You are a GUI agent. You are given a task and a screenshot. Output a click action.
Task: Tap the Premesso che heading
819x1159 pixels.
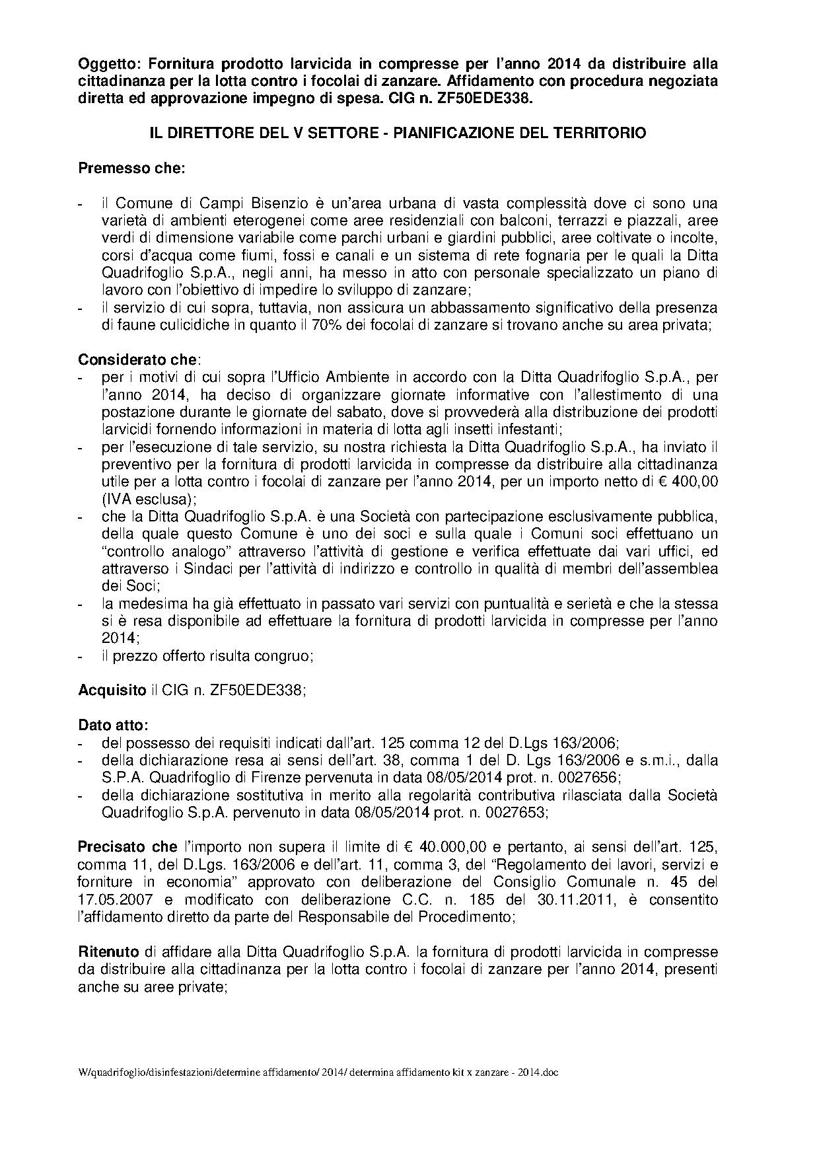click(131, 168)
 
